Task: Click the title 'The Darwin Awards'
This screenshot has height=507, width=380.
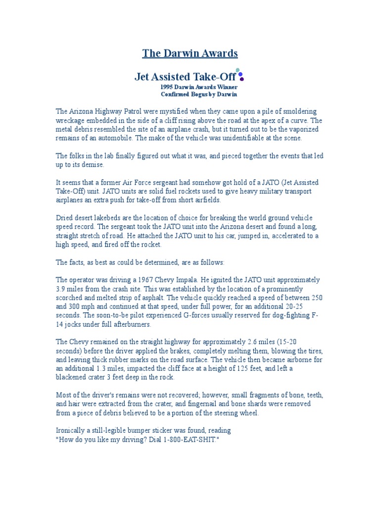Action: coord(190,53)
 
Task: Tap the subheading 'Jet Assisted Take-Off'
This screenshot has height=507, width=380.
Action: coord(186,77)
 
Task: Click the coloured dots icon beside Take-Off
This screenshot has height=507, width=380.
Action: coord(240,75)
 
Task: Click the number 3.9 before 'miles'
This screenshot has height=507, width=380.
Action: coord(61,289)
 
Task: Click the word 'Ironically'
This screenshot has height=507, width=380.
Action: coord(72,431)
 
